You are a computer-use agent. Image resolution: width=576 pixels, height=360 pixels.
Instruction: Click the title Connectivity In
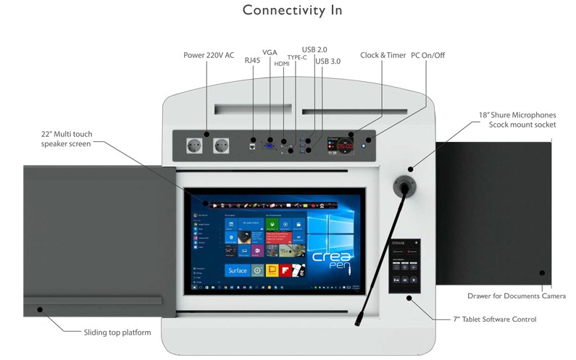pos(292,10)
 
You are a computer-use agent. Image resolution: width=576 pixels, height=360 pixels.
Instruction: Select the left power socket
pos(194,144)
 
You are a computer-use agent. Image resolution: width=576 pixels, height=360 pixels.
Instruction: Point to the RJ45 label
pos(251,61)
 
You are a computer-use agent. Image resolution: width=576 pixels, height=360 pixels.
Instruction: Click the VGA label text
pos(270,53)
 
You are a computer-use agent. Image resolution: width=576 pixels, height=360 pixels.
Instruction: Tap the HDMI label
pos(282,64)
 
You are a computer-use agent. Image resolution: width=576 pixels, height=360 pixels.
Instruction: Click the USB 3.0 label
pos(328,61)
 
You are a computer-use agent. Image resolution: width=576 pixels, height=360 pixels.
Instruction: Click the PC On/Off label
pos(428,55)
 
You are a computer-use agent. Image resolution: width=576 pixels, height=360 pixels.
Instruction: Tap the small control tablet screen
pos(404,266)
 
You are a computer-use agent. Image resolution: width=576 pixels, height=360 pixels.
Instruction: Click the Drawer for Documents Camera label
pos(516,296)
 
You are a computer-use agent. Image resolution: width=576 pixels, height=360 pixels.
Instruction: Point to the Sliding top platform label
pos(117,332)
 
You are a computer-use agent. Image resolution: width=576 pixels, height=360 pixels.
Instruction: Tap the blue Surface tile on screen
pos(237,270)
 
